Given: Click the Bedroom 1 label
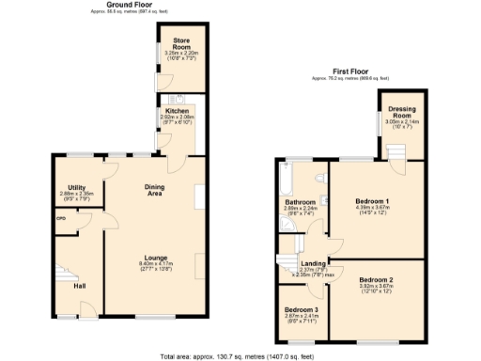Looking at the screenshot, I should tap(374, 201).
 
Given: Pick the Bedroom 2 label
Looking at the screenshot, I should tap(375, 280).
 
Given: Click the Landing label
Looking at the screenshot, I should tap(313, 264).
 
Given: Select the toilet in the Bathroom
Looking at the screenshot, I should tap(320, 178).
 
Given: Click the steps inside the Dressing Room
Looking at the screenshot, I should tap(394, 152).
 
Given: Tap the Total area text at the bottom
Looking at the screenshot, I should tap(240, 354).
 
